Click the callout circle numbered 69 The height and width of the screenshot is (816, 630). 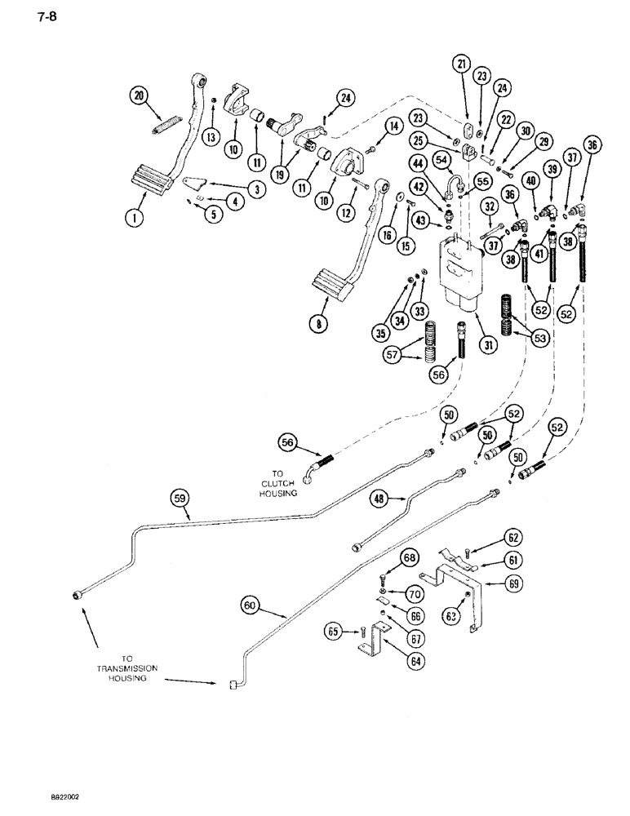tap(512, 583)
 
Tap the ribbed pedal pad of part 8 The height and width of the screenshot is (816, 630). tap(336, 290)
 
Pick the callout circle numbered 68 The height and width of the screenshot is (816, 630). tap(408, 558)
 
